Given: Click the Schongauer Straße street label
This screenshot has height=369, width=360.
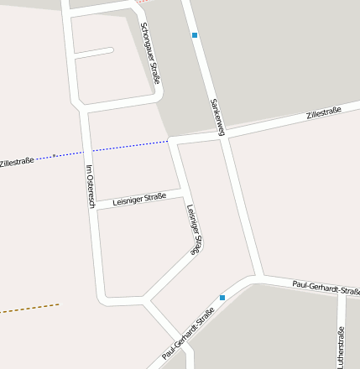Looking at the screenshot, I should tap(150, 53).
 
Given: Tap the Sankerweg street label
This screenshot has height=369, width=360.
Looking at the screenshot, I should tap(217, 116).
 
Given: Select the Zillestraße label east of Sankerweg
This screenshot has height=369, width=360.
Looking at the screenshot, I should tap(324, 112).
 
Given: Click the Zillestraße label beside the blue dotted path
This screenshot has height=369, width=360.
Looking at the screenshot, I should tap(17, 161).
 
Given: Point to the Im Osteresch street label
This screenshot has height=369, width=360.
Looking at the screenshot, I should tap(91, 188).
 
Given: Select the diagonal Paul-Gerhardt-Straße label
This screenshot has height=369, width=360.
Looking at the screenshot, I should tap(189, 334).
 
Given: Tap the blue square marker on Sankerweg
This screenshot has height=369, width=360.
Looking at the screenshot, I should tap(195, 35).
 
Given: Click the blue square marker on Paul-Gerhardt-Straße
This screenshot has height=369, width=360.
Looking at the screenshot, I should tap(222, 297).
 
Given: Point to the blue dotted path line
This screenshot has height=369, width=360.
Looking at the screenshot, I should tap(126, 148).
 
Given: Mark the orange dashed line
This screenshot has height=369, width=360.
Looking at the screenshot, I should tap(29, 309).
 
